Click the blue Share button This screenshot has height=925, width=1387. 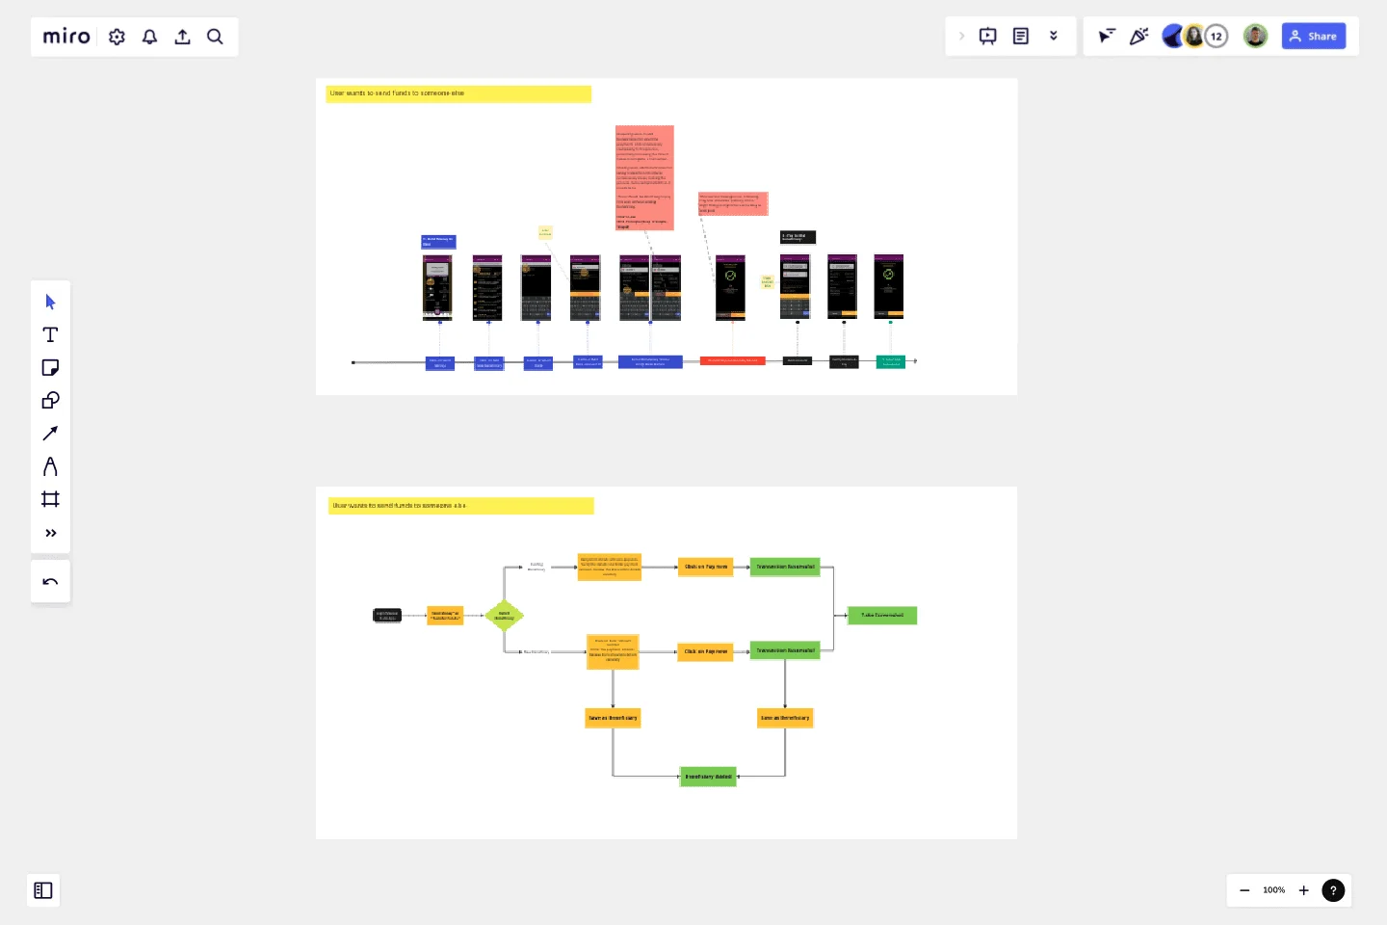coord(1313,37)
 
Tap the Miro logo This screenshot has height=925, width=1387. coord(66,37)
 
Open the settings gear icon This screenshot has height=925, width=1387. coord(118,37)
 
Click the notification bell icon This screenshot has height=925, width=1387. coord(150,37)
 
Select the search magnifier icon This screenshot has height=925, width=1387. coord(215,37)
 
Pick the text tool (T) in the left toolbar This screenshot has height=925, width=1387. coord(50,335)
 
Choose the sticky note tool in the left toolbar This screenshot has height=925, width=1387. coord(50,368)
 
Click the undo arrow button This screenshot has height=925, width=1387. coord(50,582)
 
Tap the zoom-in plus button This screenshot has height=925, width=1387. coord(1303,890)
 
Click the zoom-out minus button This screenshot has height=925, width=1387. coord(1244,890)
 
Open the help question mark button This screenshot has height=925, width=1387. coord(1333,890)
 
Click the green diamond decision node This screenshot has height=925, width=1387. coord(504,615)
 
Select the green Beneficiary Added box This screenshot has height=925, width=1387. coord(708,777)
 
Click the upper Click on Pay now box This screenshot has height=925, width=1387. coord(705,568)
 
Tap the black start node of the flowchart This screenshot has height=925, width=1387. coord(387,615)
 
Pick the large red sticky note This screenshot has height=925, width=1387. coord(644,177)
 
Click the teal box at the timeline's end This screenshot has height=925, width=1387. coord(890,362)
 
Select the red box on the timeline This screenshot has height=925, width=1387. coord(732,360)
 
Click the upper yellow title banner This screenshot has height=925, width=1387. coord(458,93)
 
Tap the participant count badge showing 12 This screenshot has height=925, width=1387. coord(1217,37)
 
